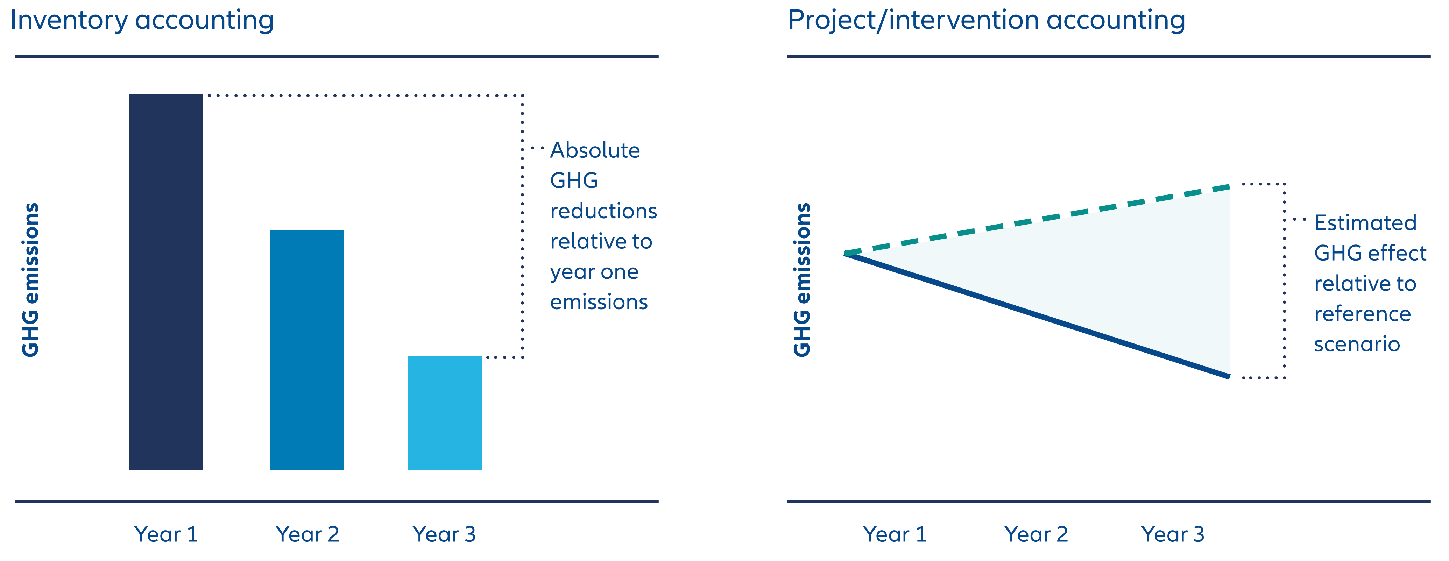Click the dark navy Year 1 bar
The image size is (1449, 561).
pos(166,282)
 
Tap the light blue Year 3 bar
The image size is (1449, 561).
pos(444,413)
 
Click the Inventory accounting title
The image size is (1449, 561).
pos(142,20)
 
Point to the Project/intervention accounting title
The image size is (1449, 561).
pos(986,20)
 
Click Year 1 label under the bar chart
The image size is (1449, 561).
pos(166,534)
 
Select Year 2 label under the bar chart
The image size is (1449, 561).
pos(307,534)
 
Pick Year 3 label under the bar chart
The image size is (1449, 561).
pos(444,534)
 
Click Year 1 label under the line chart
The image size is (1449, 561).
pos(895,534)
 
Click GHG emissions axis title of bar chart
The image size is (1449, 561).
pos(30,279)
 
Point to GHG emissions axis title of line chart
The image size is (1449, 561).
pos(802,279)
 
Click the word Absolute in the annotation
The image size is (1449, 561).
pos(595,151)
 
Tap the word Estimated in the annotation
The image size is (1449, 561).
pos(1365,223)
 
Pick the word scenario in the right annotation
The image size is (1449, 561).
pos(1357,344)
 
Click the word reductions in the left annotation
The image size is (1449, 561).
pos(603,211)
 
